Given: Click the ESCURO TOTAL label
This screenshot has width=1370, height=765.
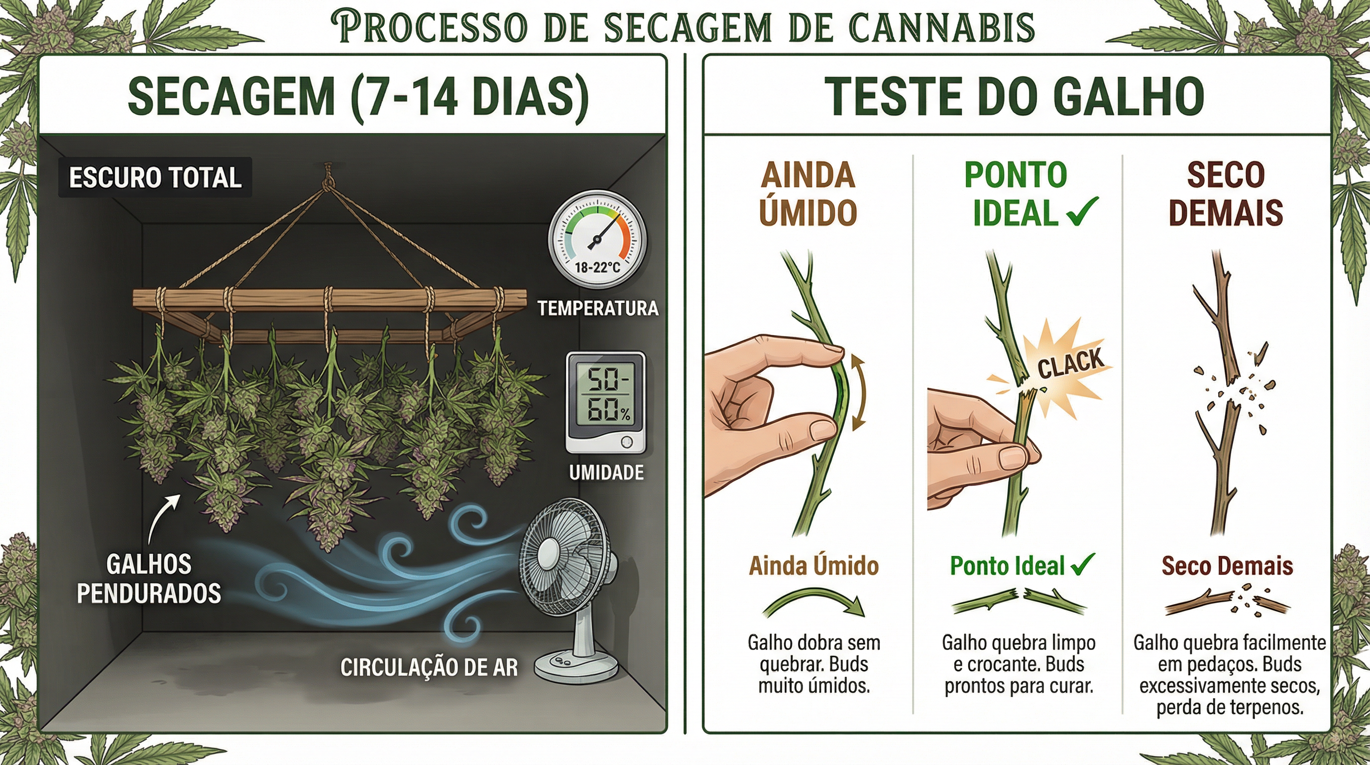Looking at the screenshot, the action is [155, 177].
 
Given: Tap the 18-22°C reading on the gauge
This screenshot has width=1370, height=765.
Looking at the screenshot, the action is [598, 267].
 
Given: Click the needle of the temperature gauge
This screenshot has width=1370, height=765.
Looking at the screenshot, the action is [601, 235].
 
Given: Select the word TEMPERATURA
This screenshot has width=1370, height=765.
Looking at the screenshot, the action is [598, 308].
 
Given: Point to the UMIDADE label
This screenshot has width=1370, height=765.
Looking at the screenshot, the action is [606, 473].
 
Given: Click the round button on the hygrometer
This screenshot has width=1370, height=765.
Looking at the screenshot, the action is [626, 443].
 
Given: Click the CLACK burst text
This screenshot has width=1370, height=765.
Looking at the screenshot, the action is [1070, 364].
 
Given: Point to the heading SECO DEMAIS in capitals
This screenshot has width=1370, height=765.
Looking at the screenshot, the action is [1225, 194].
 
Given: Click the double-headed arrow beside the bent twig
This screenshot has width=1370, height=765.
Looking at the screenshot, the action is [858, 392].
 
